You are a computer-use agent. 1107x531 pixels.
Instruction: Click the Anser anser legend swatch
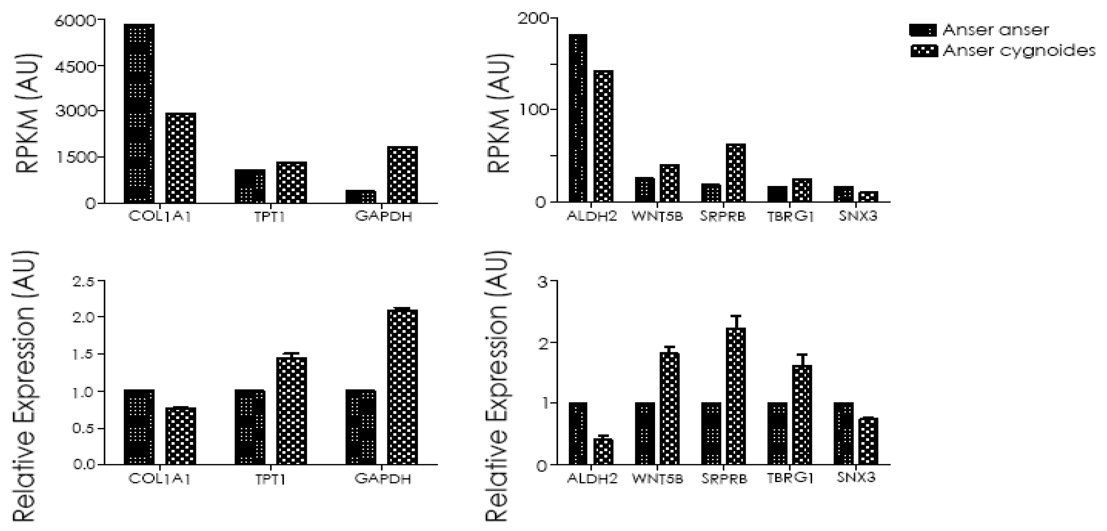pos(923,30)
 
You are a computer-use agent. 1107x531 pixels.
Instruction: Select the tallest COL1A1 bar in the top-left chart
pos(139,114)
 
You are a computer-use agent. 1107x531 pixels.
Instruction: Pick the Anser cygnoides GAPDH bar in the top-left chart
pos(402,175)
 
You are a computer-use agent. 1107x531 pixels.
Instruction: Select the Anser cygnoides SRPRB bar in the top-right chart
pos(735,172)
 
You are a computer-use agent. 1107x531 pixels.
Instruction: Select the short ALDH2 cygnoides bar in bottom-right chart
pos(603,451)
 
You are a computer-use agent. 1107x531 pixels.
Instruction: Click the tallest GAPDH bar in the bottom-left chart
pos(402,387)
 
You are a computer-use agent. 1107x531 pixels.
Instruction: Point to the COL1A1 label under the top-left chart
pos(159,216)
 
